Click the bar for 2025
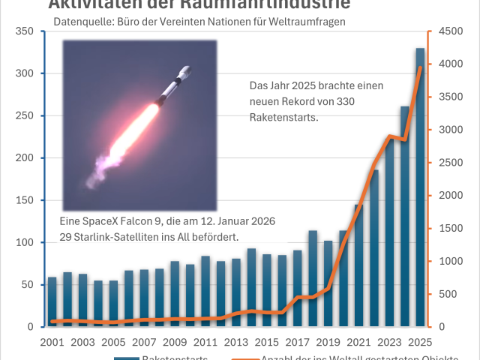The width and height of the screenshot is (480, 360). point(420,187)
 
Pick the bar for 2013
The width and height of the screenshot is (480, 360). point(236,292)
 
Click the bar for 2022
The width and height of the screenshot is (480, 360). point(374,248)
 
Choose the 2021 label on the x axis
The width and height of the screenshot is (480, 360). point(359,341)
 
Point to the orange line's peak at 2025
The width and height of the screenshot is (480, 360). point(420,67)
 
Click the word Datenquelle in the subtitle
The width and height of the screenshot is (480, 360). point(82,22)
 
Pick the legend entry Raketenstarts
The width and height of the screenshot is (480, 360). point(174,358)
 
